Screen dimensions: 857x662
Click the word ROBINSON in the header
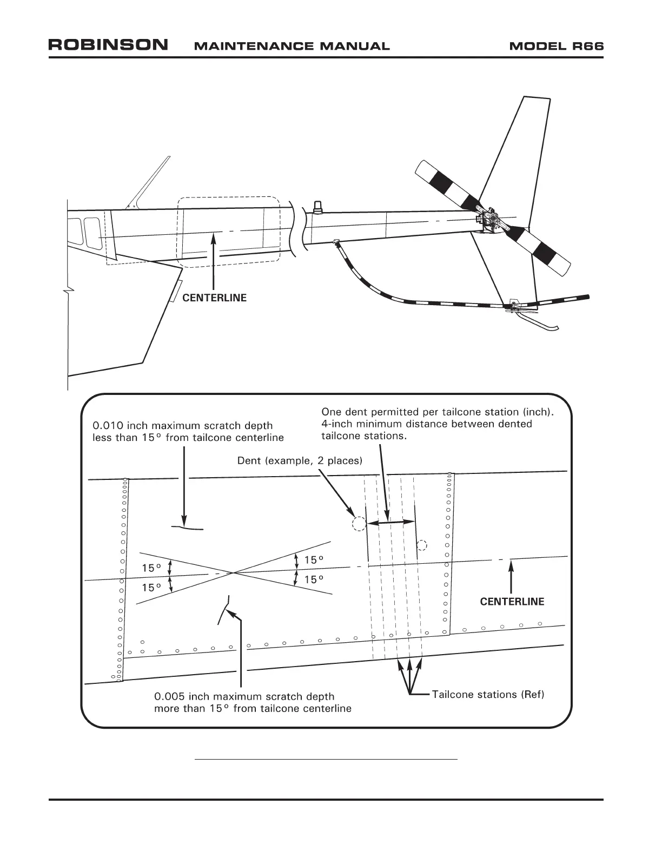pos(108,45)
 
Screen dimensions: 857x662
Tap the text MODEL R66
pos(556,46)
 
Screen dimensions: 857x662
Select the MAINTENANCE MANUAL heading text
pos(291,46)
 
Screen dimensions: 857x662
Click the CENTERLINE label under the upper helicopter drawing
pos(214,298)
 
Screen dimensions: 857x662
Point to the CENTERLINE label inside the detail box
pos(512,602)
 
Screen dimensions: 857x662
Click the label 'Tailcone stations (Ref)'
pos(488,694)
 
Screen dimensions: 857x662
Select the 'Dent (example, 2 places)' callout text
pos(300,460)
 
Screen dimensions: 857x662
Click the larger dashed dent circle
pos(359,523)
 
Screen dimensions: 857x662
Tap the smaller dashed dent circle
pos(422,544)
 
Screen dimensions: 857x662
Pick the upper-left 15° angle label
pos(151,568)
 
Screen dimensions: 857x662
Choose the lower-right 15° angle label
pos(314,579)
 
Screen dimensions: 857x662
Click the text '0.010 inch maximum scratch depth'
pos(183,426)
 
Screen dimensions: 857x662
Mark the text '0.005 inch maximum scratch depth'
pos(244,696)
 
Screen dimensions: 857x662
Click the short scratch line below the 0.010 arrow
pos(187,528)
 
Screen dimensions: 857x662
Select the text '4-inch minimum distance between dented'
pos(426,424)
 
